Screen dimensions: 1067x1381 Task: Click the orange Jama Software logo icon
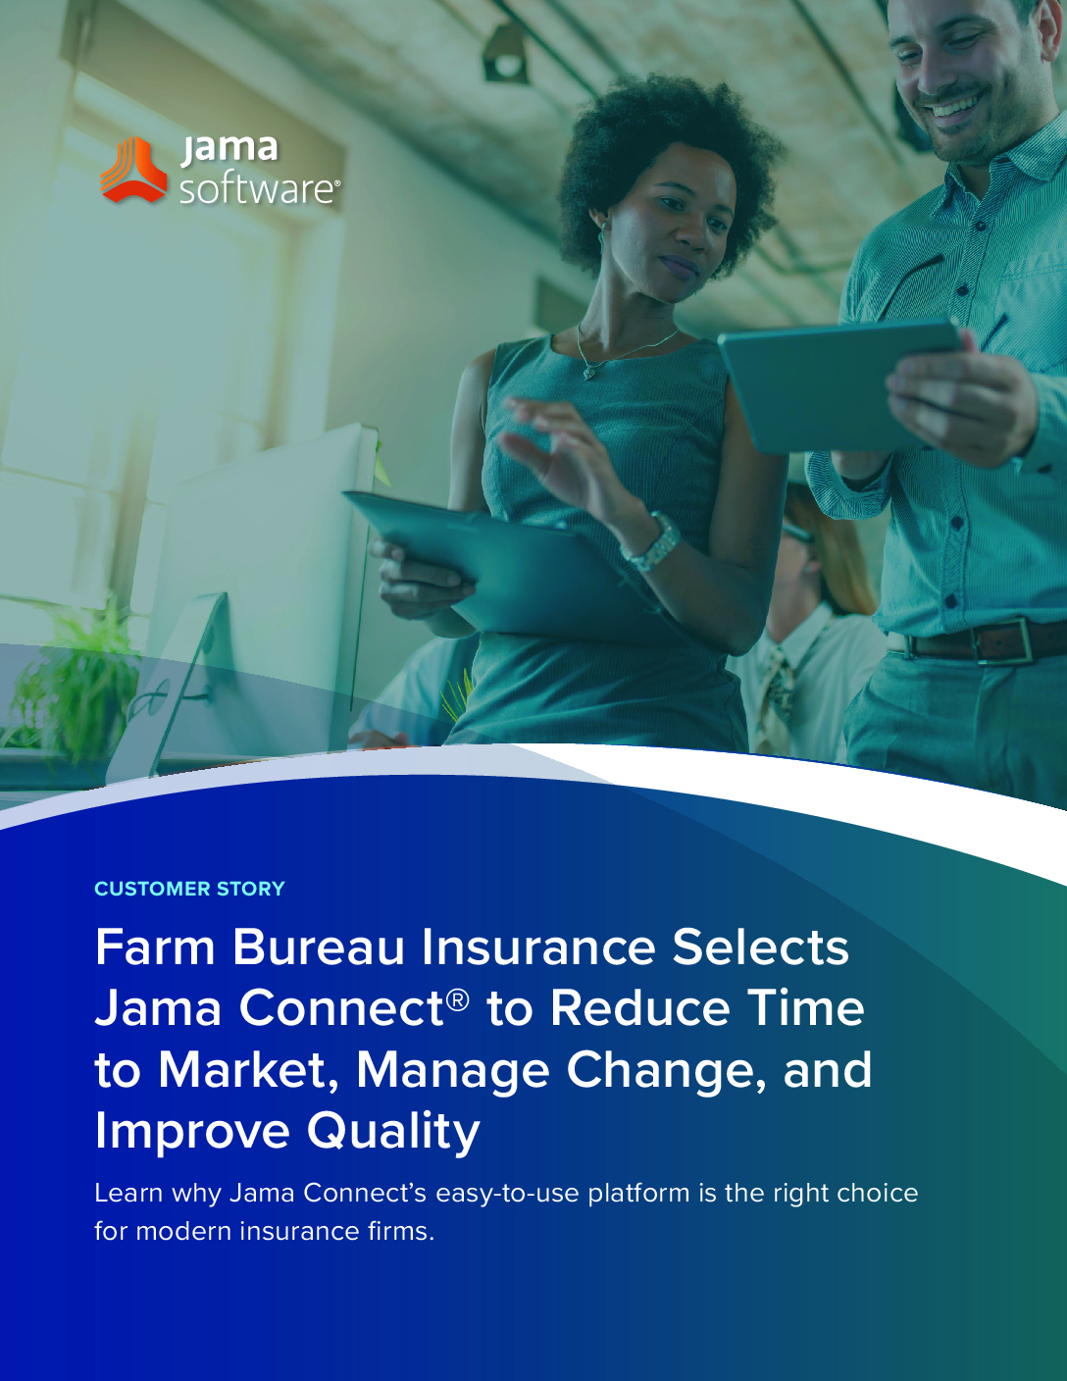click(133, 170)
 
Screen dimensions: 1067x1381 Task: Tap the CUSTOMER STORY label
click(189, 888)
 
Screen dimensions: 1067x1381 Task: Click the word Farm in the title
click(155, 947)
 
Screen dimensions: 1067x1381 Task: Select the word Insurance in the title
click(537, 947)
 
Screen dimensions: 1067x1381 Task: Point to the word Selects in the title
click(761, 947)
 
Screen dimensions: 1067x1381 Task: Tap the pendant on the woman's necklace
click(589, 372)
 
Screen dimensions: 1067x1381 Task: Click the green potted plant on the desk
click(70, 687)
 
